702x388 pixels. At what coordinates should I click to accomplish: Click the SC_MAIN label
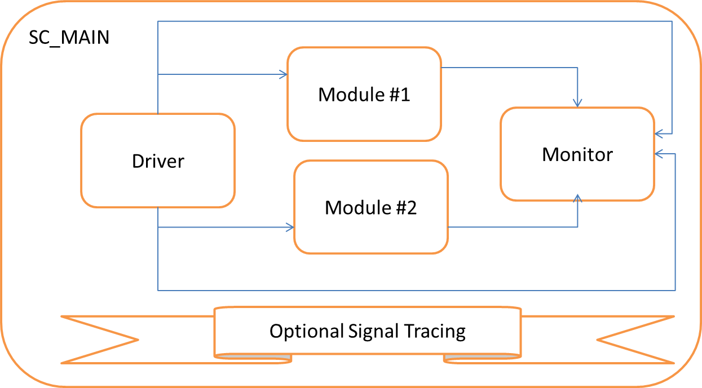coord(69,38)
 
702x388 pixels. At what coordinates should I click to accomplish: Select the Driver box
coord(158,161)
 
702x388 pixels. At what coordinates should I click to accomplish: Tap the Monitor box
coord(577,154)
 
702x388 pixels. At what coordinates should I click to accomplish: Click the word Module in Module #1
coord(345,94)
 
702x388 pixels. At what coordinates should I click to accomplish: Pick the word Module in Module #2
coord(351,208)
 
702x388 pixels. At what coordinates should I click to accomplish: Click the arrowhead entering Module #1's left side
coord(283,74)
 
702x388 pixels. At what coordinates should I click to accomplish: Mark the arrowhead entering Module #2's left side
coord(290,228)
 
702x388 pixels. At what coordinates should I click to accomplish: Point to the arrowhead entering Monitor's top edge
coord(577,103)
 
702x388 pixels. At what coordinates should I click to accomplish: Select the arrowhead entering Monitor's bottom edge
coord(577,199)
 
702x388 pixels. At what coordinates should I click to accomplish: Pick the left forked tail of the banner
coord(101,339)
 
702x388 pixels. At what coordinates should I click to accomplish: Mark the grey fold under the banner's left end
coord(254,358)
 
